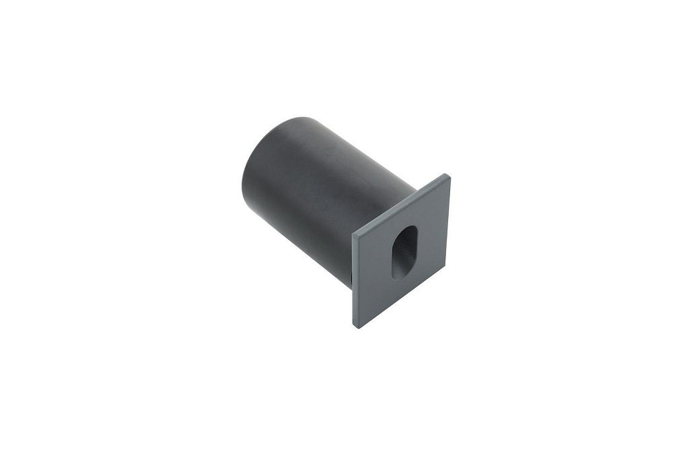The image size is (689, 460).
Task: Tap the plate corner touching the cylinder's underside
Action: tap(353, 232)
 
